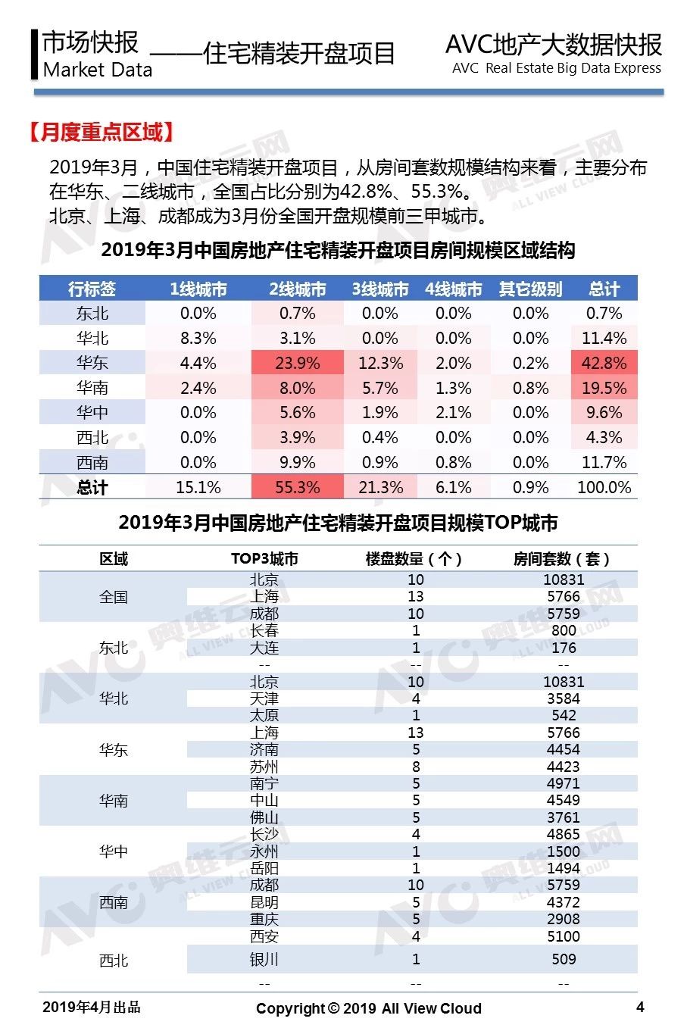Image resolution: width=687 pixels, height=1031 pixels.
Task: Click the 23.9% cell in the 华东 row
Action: [x=297, y=363]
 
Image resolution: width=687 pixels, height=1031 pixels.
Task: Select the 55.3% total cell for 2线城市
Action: [x=297, y=487]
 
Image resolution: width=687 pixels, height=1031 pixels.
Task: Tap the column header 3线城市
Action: [x=380, y=289]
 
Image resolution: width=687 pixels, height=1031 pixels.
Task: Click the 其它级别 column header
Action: [x=530, y=289]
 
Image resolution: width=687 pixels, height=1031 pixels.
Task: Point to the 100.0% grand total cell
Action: [x=604, y=487]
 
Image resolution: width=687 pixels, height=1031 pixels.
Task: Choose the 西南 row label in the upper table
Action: [x=92, y=462]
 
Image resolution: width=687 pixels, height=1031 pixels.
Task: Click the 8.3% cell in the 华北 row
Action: [x=198, y=338]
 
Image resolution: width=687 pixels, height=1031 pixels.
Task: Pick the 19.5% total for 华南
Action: [x=604, y=388]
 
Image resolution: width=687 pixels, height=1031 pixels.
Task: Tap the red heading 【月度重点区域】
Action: [x=101, y=132]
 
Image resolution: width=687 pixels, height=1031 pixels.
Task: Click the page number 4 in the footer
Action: [x=639, y=1007]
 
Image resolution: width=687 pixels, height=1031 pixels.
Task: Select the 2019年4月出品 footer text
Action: [x=91, y=1007]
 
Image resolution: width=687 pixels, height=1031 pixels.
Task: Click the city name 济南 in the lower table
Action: [x=264, y=749]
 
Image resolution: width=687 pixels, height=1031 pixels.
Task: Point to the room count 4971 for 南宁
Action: [x=564, y=783]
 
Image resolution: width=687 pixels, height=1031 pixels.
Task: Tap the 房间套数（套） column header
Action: [x=561, y=559]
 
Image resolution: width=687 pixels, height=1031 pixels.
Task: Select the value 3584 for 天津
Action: [x=564, y=698]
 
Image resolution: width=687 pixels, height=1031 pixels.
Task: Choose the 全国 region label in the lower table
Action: [x=113, y=597]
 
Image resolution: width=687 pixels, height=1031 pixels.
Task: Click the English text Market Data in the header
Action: [x=97, y=70]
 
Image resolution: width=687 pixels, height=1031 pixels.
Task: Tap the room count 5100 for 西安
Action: [x=564, y=936]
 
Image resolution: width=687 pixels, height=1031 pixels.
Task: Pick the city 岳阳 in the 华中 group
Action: [x=264, y=868]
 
